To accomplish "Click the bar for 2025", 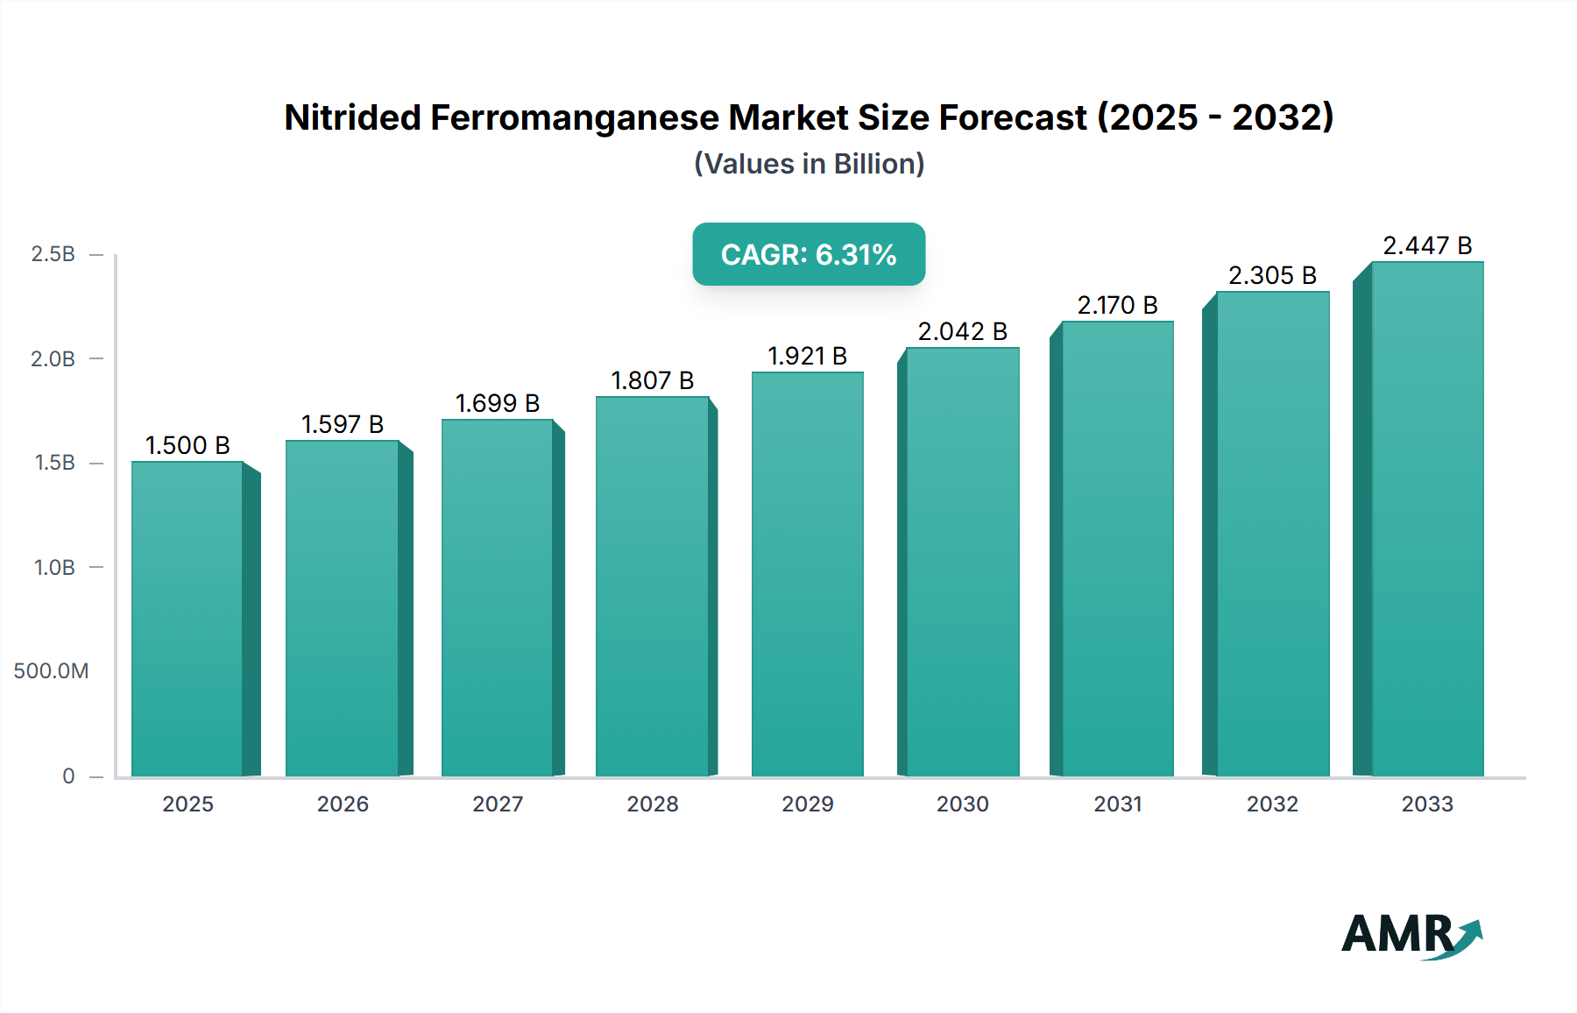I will (x=187, y=618).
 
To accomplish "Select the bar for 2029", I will (x=807, y=574).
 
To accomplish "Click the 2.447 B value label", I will (x=1426, y=245).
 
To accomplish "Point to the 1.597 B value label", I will (x=343, y=424).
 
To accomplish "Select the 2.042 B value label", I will (x=962, y=331).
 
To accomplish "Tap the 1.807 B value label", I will (x=652, y=380).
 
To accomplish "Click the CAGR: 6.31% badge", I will (x=808, y=254).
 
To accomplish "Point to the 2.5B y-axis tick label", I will (x=53, y=254).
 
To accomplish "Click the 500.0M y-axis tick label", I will (x=51, y=671).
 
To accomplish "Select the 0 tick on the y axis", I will (x=68, y=776).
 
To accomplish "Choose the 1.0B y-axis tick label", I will (x=54, y=567).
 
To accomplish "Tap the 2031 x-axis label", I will (x=1117, y=804).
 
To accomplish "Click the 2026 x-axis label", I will (x=343, y=804).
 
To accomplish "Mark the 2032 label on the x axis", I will (x=1272, y=804).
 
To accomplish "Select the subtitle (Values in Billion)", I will (x=809, y=164).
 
